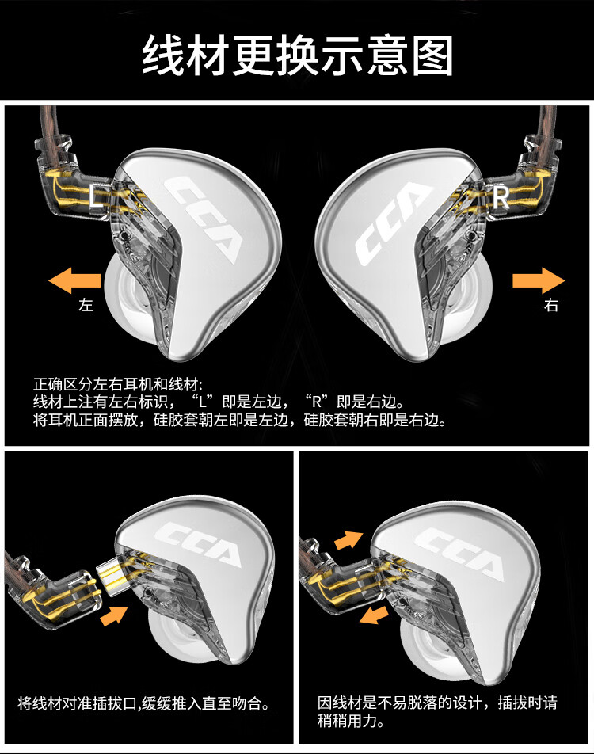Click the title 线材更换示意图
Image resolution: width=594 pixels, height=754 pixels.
[297, 55]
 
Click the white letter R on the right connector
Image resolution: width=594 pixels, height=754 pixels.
[501, 199]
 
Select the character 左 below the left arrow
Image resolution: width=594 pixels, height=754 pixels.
[86, 305]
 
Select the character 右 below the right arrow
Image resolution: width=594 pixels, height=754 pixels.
[551, 305]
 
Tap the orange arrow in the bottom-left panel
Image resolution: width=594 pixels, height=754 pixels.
[115, 615]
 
